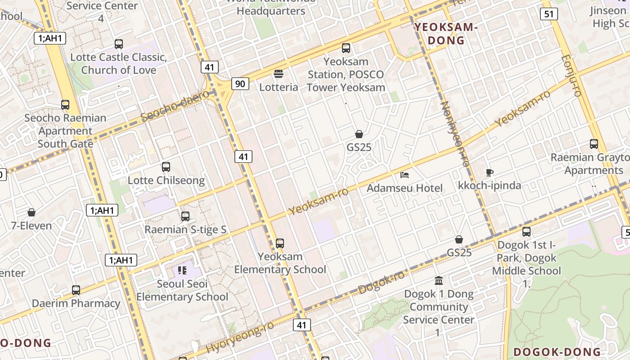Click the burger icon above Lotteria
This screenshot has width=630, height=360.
pyautogui.click(x=279, y=74)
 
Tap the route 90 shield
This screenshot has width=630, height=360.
pyautogui.click(x=241, y=83)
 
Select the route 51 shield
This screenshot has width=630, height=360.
pyautogui.click(x=549, y=14)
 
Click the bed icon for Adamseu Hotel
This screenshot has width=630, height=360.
pyautogui.click(x=405, y=175)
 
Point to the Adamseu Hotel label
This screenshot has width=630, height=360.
pyautogui.click(x=405, y=188)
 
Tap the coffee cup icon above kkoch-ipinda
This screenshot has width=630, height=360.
pyautogui.click(x=490, y=172)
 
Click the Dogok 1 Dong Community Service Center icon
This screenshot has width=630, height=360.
pyautogui.click(x=439, y=281)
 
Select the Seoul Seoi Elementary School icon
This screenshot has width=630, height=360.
pyautogui.click(x=182, y=270)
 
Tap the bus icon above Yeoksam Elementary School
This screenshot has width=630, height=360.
pyautogui.click(x=280, y=243)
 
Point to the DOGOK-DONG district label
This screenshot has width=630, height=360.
pyautogui.click(x=557, y=352)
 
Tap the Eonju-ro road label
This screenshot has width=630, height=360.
pyautogui.click(x=571, y=75)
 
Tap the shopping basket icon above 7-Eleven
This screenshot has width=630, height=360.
pyautogui.click(x=31, y=212)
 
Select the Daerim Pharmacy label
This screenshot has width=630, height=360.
pyautogui.click(x=76, y=303)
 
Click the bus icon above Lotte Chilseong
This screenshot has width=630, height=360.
pyautogui.click(x=166, y=167)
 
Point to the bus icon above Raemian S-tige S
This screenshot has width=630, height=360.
pyautogui.click(x=185, y=216)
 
